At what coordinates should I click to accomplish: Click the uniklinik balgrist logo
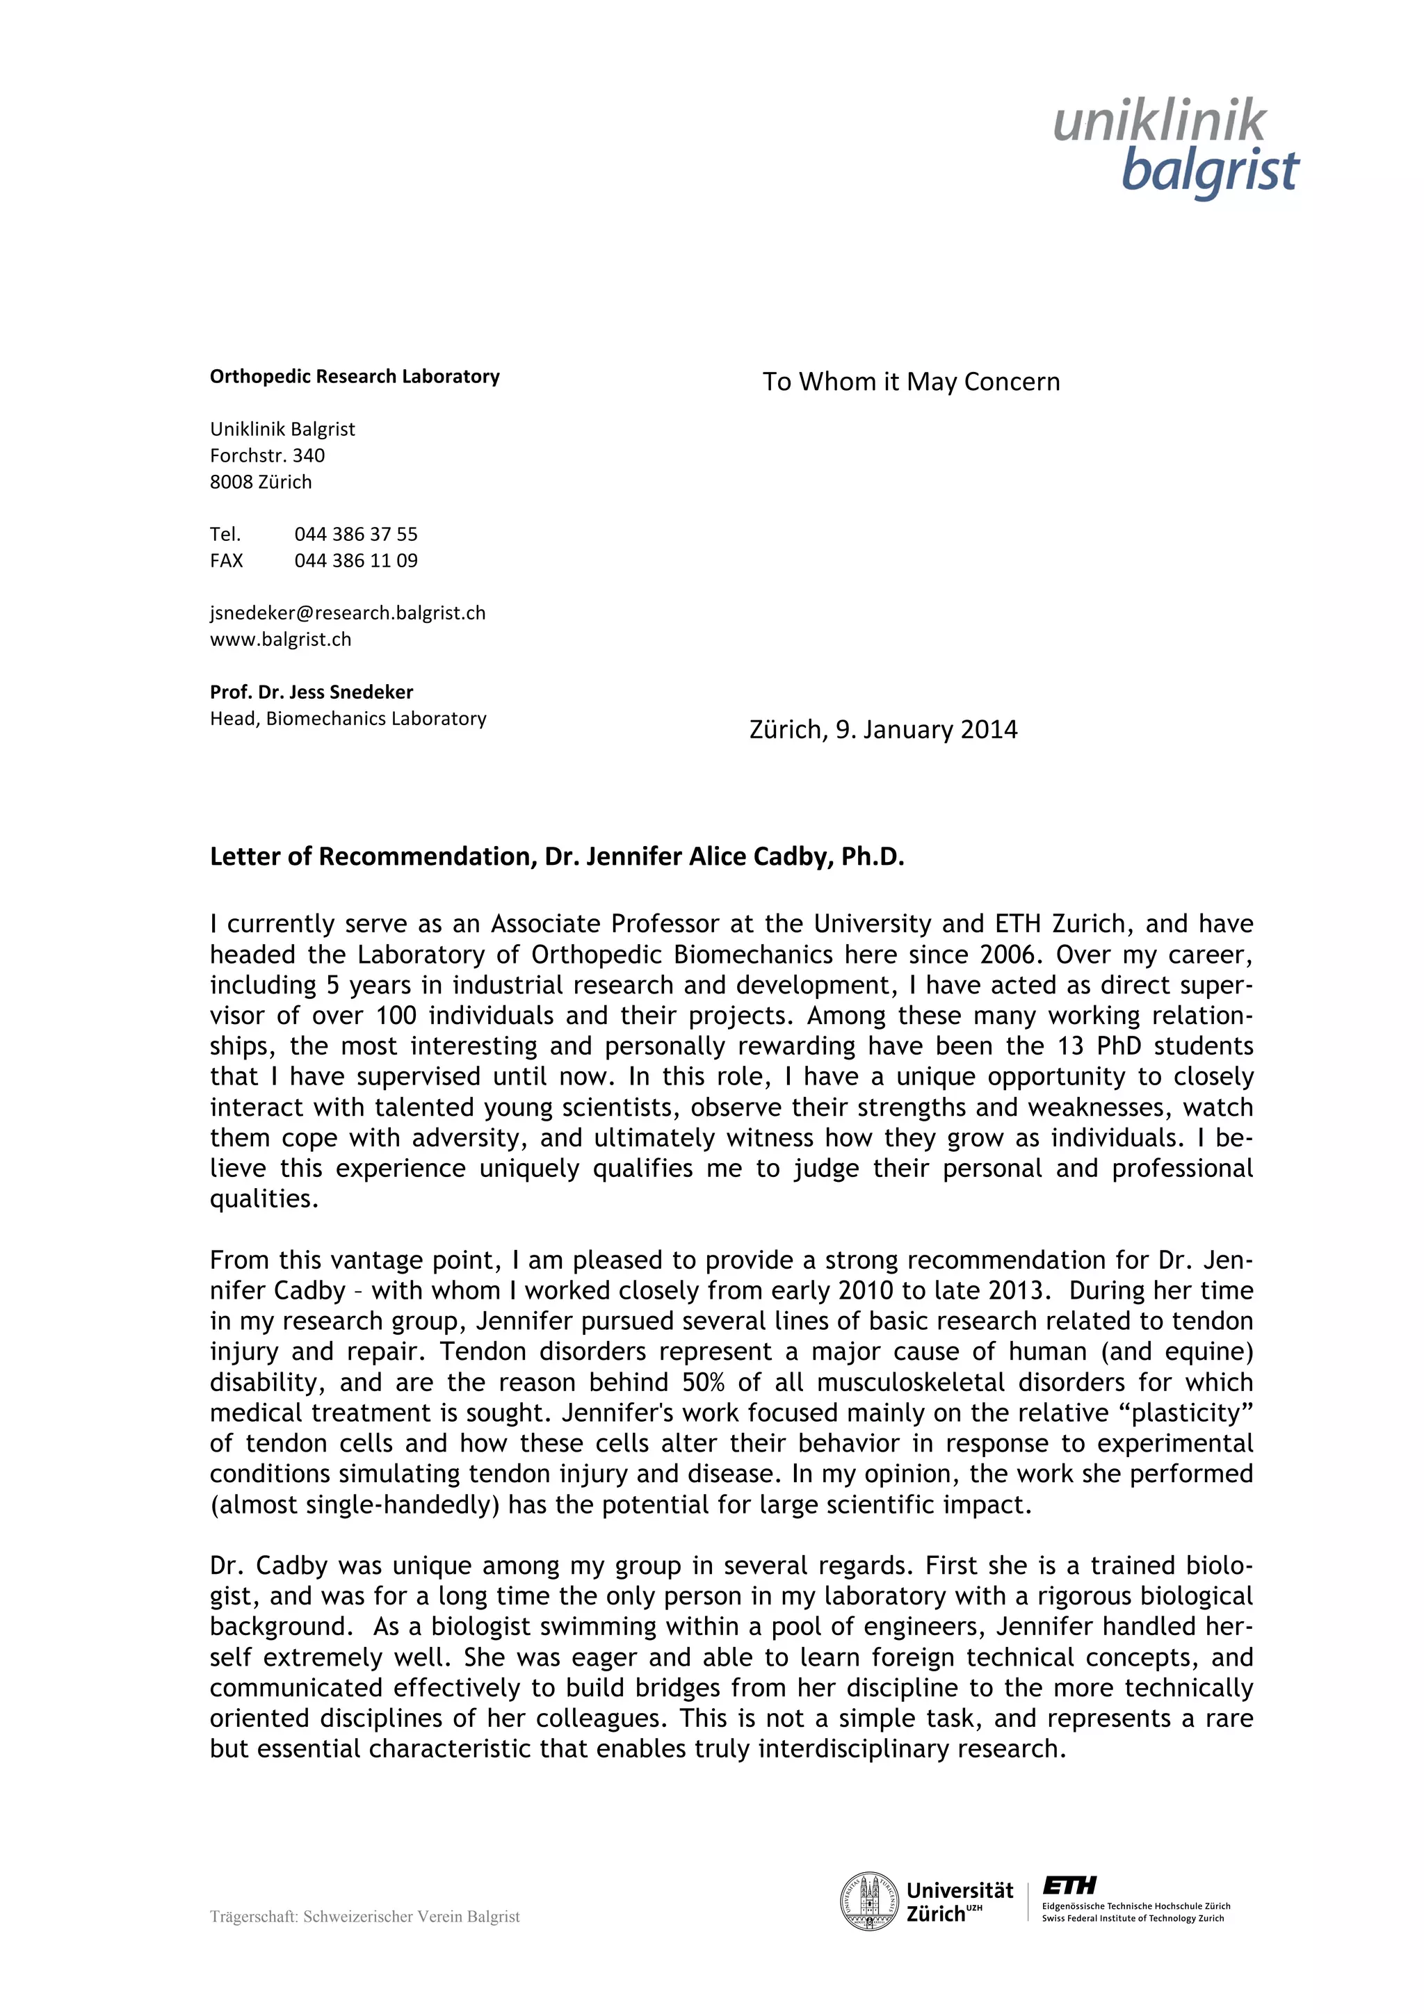1176,147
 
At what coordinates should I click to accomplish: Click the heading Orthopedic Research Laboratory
355,376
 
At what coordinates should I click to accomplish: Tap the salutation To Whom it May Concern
911,382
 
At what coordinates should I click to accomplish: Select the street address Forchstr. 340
267,455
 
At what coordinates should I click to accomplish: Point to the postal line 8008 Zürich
261,482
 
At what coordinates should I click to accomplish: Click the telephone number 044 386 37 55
355,534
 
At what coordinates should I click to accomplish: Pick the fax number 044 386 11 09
355,560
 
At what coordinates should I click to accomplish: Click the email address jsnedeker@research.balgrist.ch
348,613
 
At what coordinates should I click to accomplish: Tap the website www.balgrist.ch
280,640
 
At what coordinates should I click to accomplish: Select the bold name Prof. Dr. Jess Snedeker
311,692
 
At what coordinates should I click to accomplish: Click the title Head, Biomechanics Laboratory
348,718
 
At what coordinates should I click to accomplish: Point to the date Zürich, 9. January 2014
882,730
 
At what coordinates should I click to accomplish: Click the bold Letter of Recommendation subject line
556,856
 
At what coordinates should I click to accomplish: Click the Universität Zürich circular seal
868,1901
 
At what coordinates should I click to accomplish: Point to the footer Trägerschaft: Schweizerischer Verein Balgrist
364,1917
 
